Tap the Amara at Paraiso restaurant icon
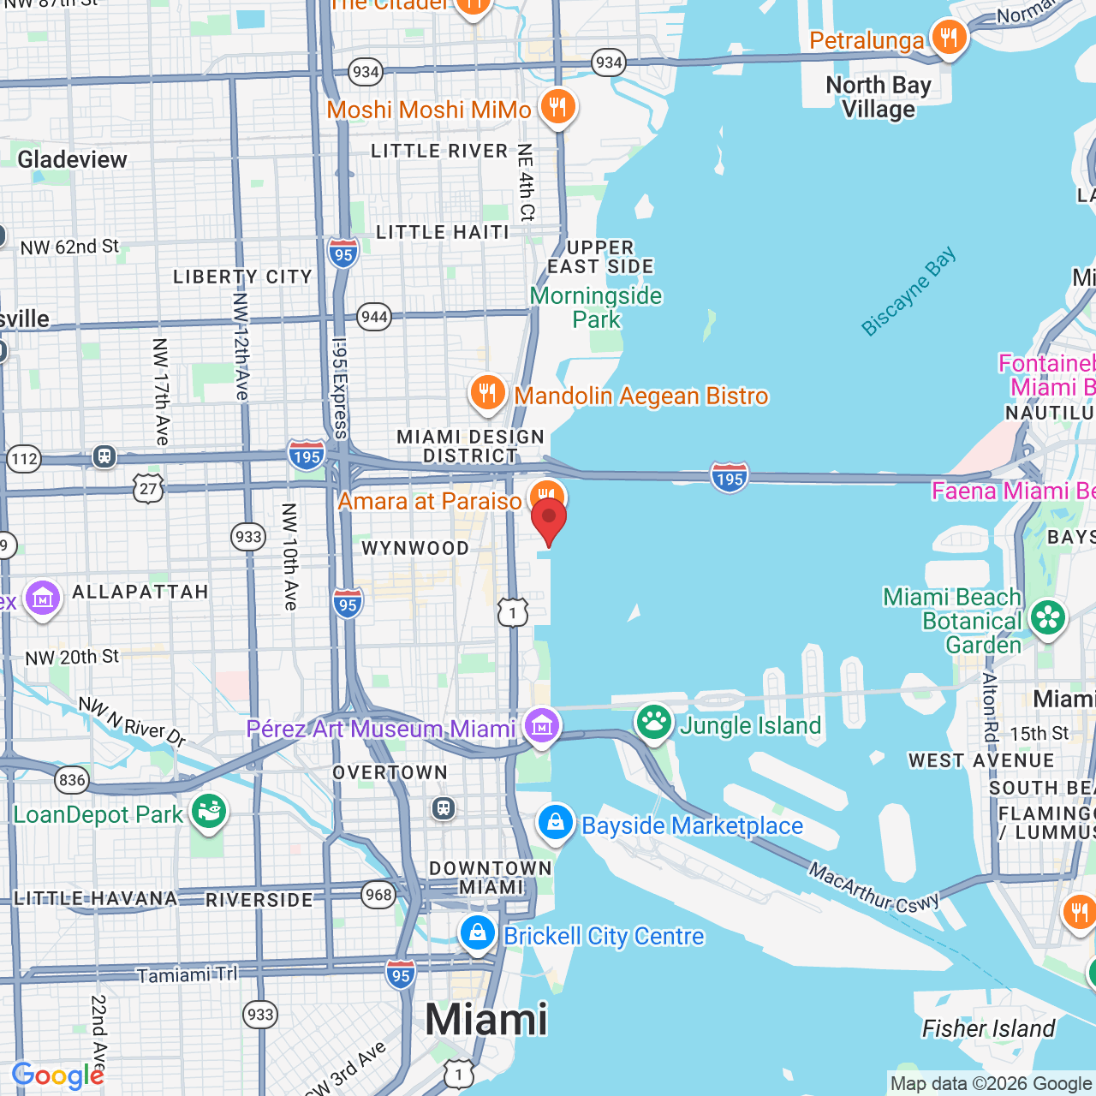coord(546,497)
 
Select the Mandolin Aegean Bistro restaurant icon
coord(487,394)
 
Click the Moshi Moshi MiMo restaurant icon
coord(557,108)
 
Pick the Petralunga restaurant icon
coord(949,39)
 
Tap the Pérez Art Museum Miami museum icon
coord(542,727)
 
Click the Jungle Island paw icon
coord(654,724)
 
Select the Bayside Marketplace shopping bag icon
coord(556,824)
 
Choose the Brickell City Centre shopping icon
coord(478,934)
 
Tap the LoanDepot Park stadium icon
coord(208,812)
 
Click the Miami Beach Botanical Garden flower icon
coord(1047,619)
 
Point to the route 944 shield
coord(374,317)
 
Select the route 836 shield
coord(72,779)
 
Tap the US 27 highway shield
coord(148,489)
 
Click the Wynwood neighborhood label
coord(415,549)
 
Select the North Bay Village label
coord(879,98)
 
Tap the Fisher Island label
coord(988,1028)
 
